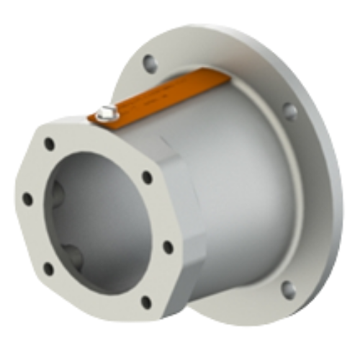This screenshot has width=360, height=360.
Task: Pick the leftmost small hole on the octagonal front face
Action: [27, 198]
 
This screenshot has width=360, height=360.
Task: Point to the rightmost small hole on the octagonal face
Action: [168, 247]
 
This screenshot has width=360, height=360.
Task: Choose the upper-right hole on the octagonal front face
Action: [147, 176]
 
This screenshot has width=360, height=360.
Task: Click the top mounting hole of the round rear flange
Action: [150, 63]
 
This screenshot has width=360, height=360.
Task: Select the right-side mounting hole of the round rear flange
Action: [289, 112]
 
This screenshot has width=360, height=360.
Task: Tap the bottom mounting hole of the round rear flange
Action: [288, 289]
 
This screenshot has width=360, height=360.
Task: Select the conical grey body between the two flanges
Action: [238, 187]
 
